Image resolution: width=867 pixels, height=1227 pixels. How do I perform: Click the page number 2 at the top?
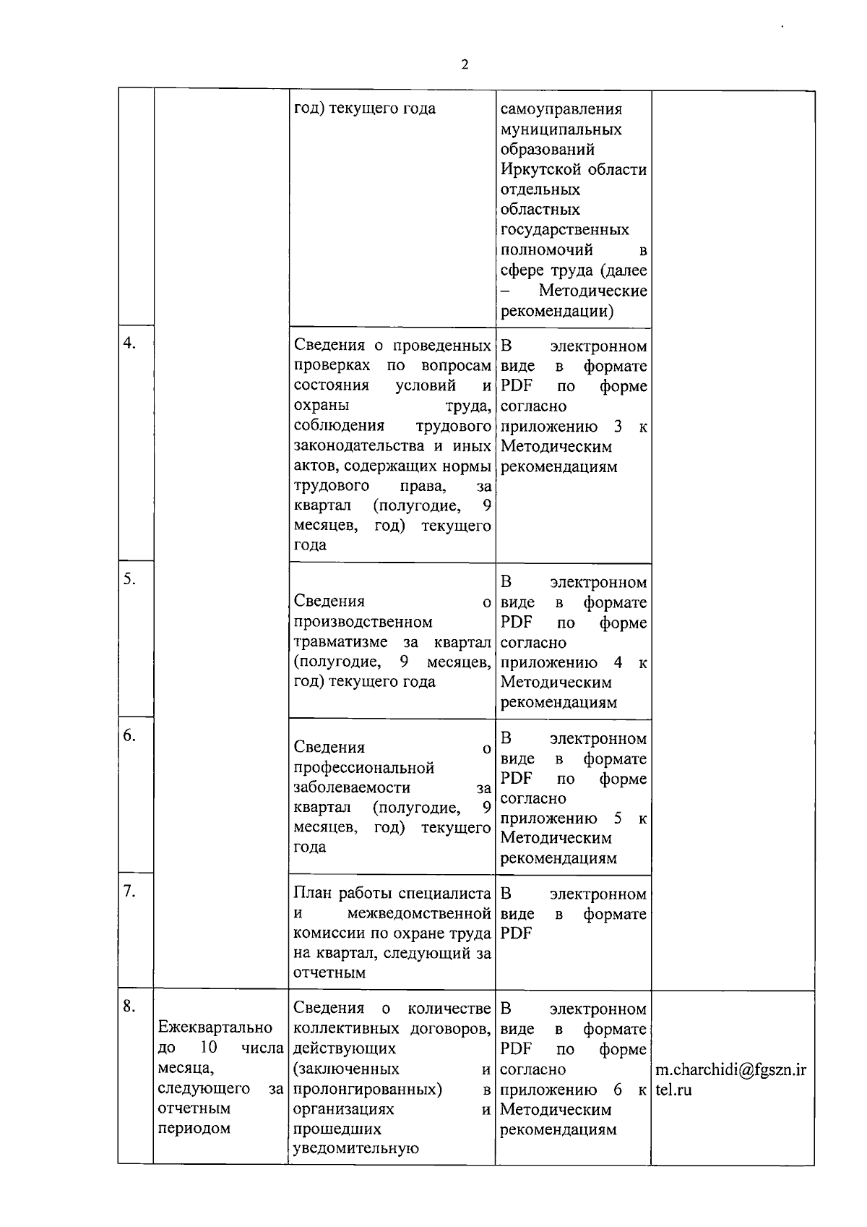click(x=465, y=64)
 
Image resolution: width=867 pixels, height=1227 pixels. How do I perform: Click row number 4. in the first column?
click(x=129, y=343)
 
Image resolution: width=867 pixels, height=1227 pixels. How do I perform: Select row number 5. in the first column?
click(x=129, y=578)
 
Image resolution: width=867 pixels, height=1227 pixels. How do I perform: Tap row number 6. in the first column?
click(x=129, y=735)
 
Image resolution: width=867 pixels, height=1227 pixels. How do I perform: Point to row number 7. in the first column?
click(x=129, y=892)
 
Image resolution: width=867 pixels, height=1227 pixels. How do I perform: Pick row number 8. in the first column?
click(x=129, y=1006)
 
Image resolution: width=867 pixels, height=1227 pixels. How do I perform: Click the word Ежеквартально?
click(x=215, y=1027)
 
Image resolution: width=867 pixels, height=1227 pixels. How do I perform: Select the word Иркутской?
click(x=537, y=170)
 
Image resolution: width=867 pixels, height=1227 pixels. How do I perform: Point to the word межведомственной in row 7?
click(x=419, y=914)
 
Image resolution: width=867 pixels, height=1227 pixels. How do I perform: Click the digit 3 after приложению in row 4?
click(x=618, y=427)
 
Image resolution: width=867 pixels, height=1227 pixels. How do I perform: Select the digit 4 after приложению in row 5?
click(x=618, y=662)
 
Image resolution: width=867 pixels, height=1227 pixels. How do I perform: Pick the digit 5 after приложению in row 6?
click(x=618, y=818)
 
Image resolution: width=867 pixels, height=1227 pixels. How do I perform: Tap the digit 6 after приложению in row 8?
click(x=618, y=1090)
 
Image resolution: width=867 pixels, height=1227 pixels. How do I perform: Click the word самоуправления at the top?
click(x=561, y=109)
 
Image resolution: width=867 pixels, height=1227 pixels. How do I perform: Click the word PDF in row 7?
click(x=516, y=933)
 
